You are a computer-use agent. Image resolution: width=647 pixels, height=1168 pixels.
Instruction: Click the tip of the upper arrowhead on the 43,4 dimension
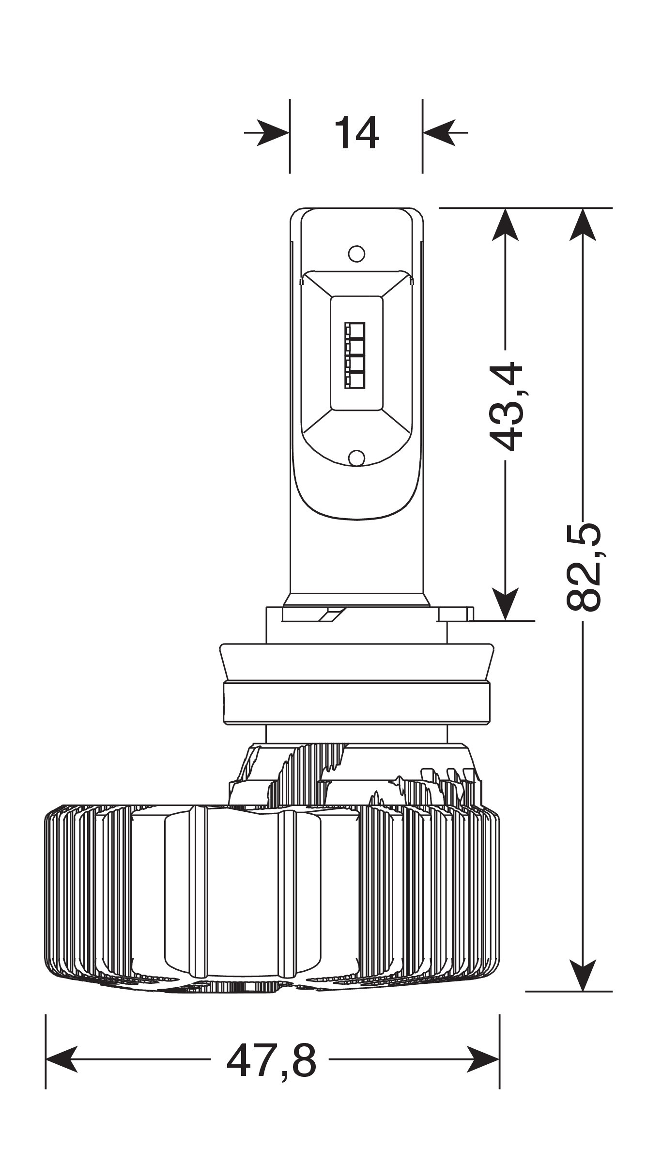click(x=505, y=209)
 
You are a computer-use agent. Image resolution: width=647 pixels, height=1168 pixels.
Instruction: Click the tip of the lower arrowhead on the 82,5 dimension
click(x=582, y=991)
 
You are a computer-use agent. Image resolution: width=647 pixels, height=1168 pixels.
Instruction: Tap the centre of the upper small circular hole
click(x=356, y=253)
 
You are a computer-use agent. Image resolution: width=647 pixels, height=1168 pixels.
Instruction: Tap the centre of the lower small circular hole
click(x=356, y=458)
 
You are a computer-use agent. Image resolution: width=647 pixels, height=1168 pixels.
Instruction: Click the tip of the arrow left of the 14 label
click(x=290, y=132)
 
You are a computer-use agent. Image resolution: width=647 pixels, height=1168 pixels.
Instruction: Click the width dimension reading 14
click(x=356, y=132)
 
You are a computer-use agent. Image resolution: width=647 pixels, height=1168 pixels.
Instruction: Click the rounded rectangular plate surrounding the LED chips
click(x=356, y=354)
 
